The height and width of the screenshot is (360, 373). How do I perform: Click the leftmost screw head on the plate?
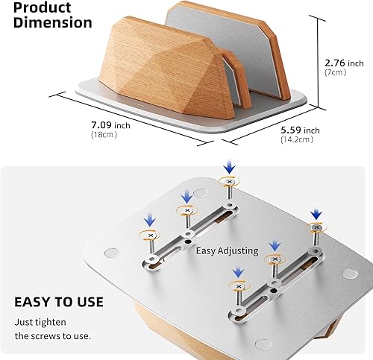tap(149, 235)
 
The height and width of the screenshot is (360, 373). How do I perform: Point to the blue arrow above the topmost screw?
tap(229, 163)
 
